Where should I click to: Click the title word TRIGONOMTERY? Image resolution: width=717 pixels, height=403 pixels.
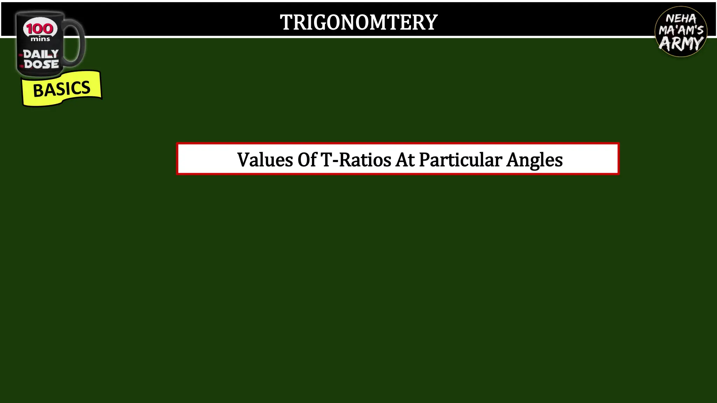click(x=358, y=22)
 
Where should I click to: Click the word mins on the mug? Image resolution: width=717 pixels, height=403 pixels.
click(x=40, y=39)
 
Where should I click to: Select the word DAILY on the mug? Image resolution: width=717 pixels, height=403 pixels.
click(x=41, y=54)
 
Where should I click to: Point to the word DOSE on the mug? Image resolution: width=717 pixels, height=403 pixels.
click(x=41, y=64)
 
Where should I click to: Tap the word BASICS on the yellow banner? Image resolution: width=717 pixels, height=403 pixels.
click(x=62, y=89)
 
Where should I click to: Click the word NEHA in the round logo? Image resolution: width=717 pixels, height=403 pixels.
click(x=681, y=19)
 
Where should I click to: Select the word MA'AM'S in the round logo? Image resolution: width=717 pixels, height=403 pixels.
click(x=681, y=30)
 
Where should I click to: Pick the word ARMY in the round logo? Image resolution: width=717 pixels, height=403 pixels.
click(x=681, y=44)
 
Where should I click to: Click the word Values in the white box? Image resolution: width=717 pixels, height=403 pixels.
click(x=265, y=160)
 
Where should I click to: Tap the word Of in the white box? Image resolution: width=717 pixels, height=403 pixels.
click(x=307, y=160)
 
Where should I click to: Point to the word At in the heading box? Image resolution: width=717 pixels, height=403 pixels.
click(x=405, y=160)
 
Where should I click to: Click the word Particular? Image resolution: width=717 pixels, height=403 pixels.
click(x=460, y=160)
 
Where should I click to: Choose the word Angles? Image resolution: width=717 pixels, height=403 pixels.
click(x=535, y=161)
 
